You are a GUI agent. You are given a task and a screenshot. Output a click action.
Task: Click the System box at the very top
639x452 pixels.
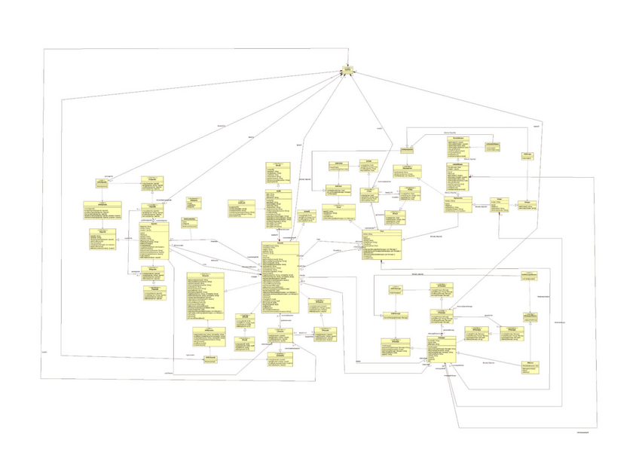click(347, 71)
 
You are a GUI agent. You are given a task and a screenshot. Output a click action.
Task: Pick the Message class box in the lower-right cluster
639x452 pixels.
click(442, 347)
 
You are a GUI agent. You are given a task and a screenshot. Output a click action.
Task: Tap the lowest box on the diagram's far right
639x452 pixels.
click(531, 368)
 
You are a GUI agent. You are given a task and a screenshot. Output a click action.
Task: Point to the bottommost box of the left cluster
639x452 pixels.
click(153, 292)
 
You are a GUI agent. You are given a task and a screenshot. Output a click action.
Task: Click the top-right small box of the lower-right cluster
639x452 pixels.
click(532, 277)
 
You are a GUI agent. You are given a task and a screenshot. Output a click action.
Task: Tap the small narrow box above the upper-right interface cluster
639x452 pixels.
click(406, 151)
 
